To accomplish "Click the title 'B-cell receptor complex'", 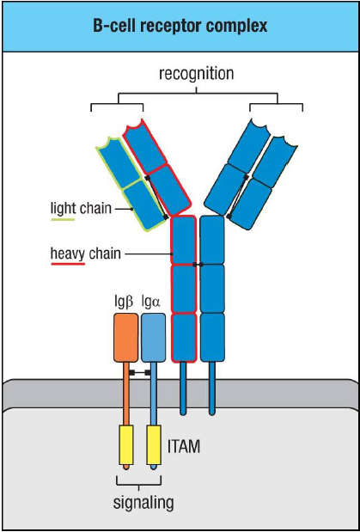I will [x=180, y=26].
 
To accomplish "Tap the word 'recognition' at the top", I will [x=196, y=74].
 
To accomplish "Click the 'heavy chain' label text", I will [x=84, y=254].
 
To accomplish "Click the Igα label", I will [x=153, y=303].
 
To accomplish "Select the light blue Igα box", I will [x=153, y=337].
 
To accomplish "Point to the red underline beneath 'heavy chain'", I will [x=68, y=265].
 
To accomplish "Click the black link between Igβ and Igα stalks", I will [x=140, y=373].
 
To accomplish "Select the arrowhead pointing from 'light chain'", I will [x=129, y=209].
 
